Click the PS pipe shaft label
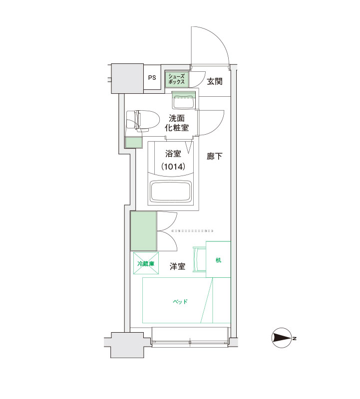pyautogui.click(x=152, y=78)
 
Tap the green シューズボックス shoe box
pyautogui.click(x=177, y=79)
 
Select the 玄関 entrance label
pyautogui.click(x=215, y=81)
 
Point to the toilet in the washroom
pyautogui.click(x=143, y=121)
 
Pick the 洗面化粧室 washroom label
pyautogui.click(x=177, y=123)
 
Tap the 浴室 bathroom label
pyautogui.click(x=173, y=154)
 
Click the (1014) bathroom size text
pyautogui.click(x=173, y=167)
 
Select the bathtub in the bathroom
pyautogui.click(x=171, y=191)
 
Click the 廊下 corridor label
pyautogui.click(x=215, y=156)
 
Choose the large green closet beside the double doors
pyautogui.click(x=143, y=231)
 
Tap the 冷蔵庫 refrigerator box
pyautogui.click(x=146, y=263)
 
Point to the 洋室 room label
pyautogui.click(x=177, y=266)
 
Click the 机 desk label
pyautogui.click(x=218, y=260)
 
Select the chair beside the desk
pyautogui.click(x=200, y=259)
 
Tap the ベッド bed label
pyautogui.click(x=180, y=302)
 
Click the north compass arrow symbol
pyautogui.click(x=282, y=338)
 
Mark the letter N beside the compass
pyautogui.click(x=295, y=338)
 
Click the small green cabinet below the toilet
pyautogui.click(x=133, y=143)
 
